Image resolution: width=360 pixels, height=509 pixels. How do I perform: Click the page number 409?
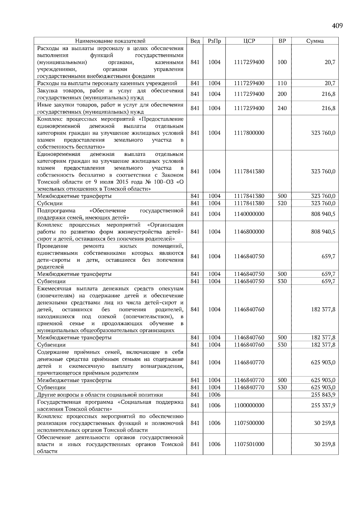point(337,26)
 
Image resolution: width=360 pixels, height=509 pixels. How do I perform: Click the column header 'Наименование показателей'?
point(110,41)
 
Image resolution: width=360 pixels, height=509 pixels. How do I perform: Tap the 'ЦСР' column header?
point(249,41)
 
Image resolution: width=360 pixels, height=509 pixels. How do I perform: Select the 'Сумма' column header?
point(315,41)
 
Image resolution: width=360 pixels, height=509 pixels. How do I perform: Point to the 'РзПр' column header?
point(214,41)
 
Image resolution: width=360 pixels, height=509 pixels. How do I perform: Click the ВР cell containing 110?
point(282,83)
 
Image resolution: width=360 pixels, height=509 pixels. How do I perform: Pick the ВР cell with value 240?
point(282,108)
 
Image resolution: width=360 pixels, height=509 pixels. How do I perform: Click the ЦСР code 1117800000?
point(249,133)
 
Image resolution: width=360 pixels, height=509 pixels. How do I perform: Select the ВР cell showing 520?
point(282,203)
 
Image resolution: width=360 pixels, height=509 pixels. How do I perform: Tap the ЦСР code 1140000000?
point(249,214)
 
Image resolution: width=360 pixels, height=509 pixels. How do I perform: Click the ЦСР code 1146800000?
point(249,232)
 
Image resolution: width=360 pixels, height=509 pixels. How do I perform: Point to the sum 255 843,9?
point(323,395)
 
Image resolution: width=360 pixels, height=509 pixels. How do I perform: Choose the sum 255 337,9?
point(323,406)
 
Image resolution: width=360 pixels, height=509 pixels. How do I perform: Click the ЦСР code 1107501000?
point(249,444)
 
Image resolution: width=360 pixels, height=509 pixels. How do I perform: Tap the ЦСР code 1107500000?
point(249,423)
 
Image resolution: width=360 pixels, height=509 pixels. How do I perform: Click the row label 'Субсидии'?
point(50,204)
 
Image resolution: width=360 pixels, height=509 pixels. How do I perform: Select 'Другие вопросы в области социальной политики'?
point(100,395)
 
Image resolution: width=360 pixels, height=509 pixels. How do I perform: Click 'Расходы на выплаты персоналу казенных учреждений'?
point(107,83)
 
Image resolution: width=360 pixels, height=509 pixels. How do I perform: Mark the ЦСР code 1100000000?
point(249,406)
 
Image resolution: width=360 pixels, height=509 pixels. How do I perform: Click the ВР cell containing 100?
point(282,62)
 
